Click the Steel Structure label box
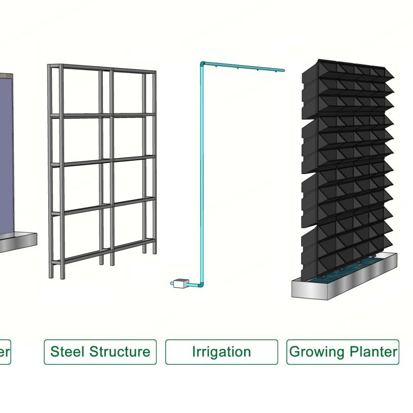pyautogui.click(x=100, y=352)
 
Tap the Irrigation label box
pyautogui.click(x=221, y=352)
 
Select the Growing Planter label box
pyautogui.click(x=342, y=352)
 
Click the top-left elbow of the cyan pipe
pyautogui.click(x=202, y=64)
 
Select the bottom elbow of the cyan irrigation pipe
pyautogui.click(x=201, y=284)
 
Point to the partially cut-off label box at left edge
pyautogui.click(x=5, y=352)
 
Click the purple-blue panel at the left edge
pyautogui.click(x=6, y=153)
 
